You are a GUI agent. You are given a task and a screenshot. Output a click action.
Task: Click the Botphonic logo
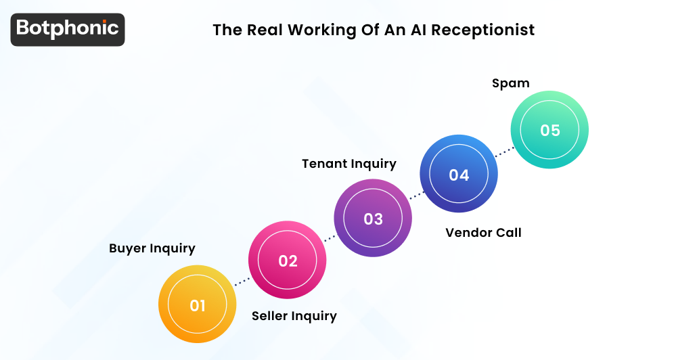click(68, 29)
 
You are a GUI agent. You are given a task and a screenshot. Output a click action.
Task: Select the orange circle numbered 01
click(197, 305)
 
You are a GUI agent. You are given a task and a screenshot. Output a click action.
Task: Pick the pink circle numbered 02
click(288, 261)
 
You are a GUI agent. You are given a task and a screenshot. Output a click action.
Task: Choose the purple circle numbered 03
click(373, 219)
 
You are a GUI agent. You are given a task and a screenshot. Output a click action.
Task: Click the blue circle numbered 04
click(459, 175)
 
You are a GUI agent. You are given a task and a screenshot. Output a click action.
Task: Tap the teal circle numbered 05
click(549, 130)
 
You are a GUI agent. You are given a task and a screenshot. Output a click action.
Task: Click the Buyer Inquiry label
click(152, 248)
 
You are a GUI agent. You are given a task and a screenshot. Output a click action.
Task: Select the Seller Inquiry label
click(294, 316)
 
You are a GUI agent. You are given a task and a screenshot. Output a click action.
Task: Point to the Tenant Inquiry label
click(349, 164)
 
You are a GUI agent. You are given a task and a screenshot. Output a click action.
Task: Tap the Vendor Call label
click(483, 233)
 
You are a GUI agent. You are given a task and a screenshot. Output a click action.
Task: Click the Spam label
click(510, 83)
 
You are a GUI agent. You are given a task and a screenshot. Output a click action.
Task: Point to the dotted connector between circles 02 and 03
click(330, 239)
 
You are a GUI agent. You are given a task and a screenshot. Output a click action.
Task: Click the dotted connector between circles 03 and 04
click(416, 196)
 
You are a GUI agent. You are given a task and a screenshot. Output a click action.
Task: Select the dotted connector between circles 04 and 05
click(504, 152)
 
